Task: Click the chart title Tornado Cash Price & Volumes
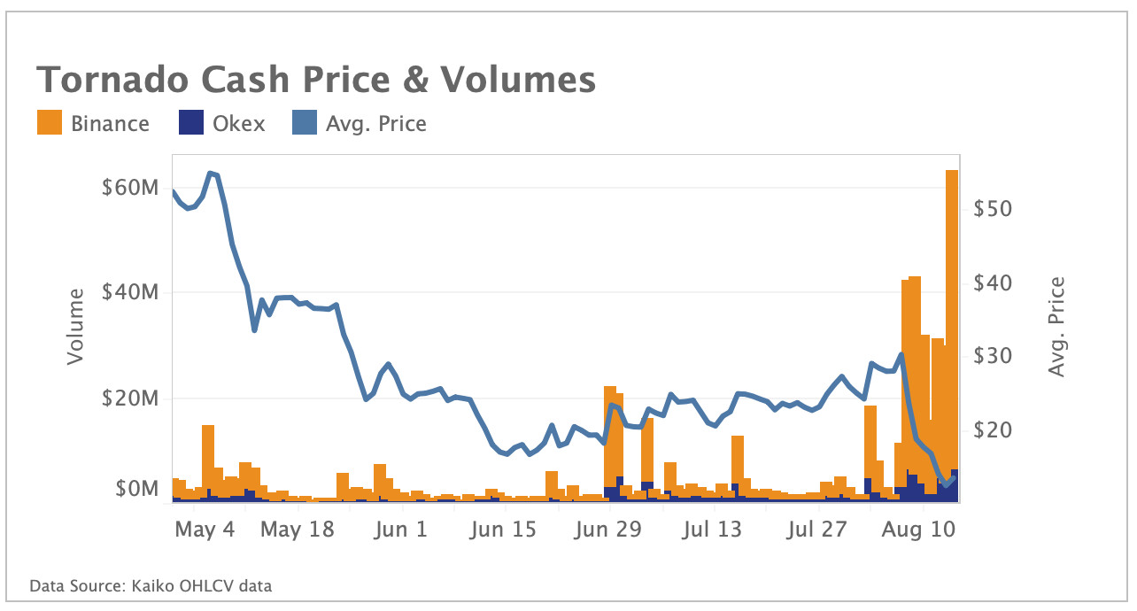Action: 315,80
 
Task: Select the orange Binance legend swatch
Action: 50,123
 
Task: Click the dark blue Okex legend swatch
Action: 190,123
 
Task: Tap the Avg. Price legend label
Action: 376,124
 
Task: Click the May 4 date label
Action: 205,530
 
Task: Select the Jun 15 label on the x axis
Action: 504,530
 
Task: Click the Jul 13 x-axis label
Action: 714,530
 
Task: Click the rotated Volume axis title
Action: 76,326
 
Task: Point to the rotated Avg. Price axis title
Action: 1056,326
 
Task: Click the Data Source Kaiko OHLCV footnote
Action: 151,586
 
